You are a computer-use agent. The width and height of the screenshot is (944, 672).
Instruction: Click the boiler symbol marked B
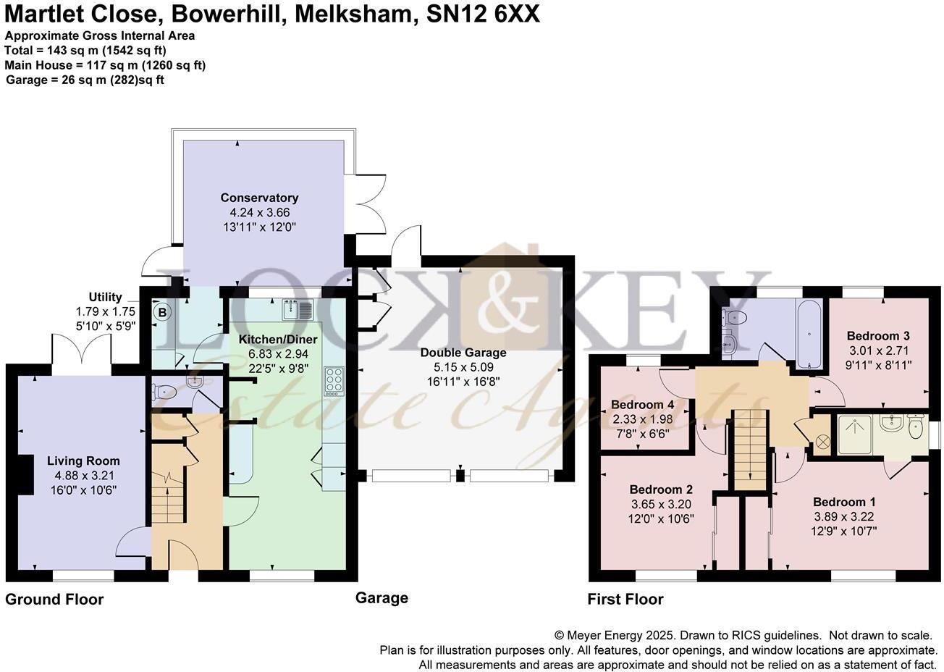(163, 313)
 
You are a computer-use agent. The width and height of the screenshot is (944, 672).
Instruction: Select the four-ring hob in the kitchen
(335, 380)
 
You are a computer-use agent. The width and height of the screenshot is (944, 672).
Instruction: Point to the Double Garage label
(463, 353)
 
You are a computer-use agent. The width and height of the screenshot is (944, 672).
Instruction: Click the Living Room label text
(83, 461)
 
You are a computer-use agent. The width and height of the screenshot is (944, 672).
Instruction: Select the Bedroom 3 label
(877, 336)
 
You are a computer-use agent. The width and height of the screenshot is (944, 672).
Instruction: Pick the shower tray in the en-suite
(857, 434)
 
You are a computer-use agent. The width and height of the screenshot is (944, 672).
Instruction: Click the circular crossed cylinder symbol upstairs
(823, 440)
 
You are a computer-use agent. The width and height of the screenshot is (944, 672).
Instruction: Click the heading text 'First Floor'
(625, 600)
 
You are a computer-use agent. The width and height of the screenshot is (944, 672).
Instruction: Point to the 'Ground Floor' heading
(54, 600)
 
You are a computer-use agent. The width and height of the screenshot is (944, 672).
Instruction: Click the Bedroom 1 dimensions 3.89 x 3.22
(838, 516)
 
